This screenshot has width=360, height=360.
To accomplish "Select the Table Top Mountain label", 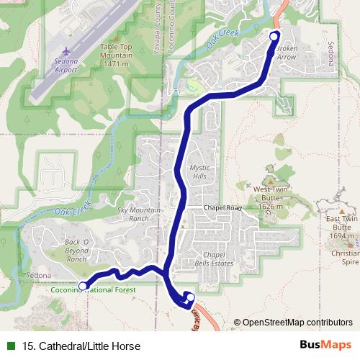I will [x=116, y=53].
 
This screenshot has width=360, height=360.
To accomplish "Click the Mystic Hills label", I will [x=199, y=171].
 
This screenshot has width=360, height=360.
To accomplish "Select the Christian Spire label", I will [x=345, y=258].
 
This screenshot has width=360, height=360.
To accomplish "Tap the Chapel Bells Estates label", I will [x=214, y=259].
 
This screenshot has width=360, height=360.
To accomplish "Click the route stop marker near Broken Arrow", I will [x=274, y=36].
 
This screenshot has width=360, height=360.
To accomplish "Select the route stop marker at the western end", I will [x=83, y=286].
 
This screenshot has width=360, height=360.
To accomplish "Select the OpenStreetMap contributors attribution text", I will [x=297, y=323].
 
